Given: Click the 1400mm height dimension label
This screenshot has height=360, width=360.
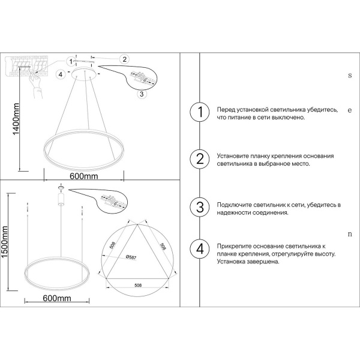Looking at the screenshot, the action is coord(16,119).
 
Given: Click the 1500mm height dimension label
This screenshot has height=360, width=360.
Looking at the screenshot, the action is coord(5,242).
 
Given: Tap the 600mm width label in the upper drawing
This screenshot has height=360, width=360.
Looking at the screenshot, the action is coord(84,176).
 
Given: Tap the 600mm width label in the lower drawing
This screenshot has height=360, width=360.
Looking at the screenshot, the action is coord(57,298).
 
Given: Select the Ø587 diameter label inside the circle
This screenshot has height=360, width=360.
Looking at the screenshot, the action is coord(131,257).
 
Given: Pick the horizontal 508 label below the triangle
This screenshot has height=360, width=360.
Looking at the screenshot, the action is coord(138,286).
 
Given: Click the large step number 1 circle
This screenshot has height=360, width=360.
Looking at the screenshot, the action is coord(200,112).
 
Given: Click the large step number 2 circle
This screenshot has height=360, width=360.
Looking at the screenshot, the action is coord(200,159).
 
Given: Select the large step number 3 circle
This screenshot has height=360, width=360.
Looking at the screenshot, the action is coord(200,207).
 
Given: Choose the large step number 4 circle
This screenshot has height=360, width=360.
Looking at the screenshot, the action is coord(200,248).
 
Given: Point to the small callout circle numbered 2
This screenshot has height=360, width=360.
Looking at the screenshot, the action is coord(124,59).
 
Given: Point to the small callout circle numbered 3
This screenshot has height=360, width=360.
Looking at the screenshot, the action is coord(142,94).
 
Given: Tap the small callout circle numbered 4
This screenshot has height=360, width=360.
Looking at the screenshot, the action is coord(61,74).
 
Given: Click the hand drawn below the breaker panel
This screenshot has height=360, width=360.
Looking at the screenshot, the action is coord(37,86).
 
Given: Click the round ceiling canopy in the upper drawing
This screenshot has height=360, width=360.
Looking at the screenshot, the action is coord(85,74).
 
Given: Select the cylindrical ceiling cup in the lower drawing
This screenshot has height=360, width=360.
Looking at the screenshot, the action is coord(61,199).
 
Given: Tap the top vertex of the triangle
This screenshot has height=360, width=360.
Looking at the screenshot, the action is coord(137,224).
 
